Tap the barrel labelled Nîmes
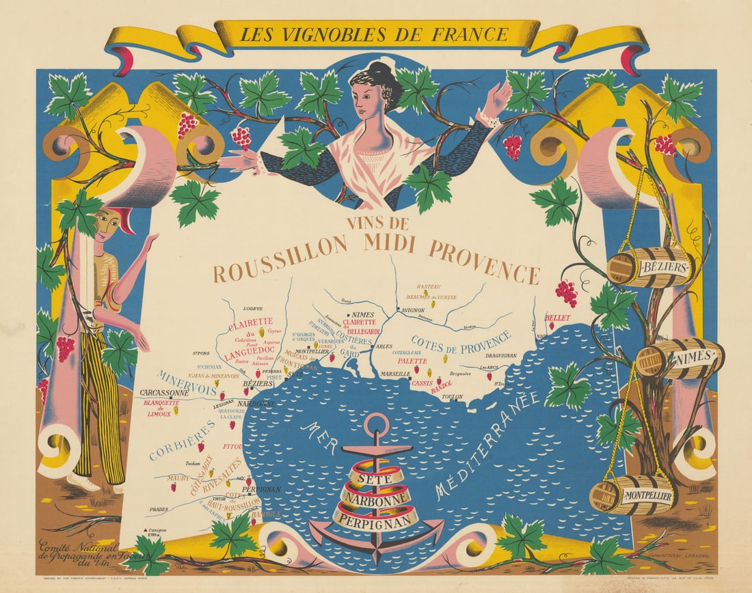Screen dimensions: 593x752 pyautogui.click(x=681, y=357)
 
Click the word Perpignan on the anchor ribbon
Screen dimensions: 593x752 pyautogui.click(x=376, y=519)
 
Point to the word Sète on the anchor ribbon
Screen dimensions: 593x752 pyautogui.click(x=376, y=478)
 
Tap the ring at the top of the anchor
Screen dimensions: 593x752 pyautogui.click(x=375, y=424)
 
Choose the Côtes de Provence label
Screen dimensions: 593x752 pyautogui.click(x=461, y=344)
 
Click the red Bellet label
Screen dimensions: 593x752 pyautogui.click(x=557, y=318)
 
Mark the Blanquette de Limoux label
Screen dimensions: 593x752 pyautogui.click(x=161, y=407)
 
